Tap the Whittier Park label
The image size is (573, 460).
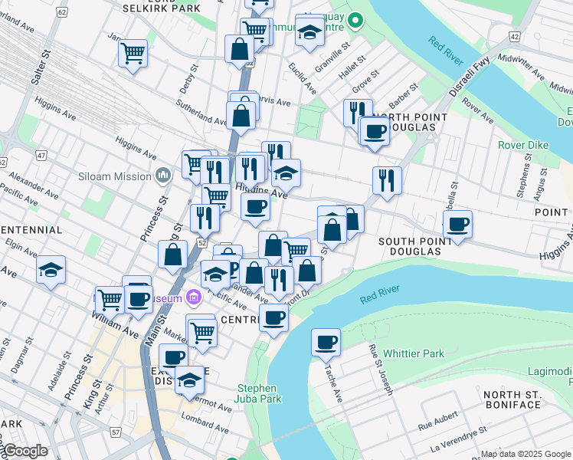pos(415,353)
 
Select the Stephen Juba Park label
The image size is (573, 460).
pos(260,393)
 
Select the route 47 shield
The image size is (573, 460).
pos(41,155)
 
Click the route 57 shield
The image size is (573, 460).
pos(115,432)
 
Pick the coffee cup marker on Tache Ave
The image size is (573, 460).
pos(326,342)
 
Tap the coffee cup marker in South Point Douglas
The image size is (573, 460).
pos(457,225)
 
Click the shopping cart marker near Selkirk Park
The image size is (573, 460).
pos(133,54)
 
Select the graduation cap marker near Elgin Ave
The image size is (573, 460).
pos(51,270)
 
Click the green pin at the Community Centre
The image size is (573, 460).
pos(355,21)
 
